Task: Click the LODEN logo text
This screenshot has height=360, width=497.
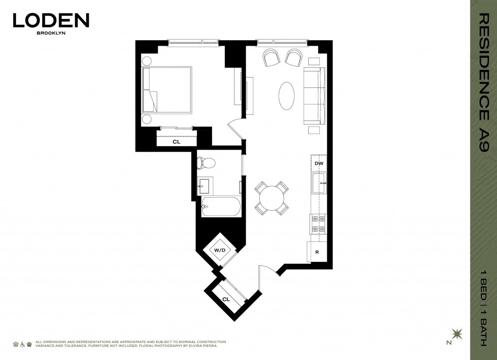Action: [x=51, y=20]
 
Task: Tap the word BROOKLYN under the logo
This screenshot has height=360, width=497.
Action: [x=51, y=33]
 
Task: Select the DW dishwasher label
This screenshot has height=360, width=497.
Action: [x=319, y=163]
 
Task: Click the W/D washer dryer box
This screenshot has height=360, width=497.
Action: [x=220, y=250]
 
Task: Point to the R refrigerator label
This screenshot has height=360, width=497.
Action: [x=317, y=252]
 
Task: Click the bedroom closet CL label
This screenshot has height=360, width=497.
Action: [x=177, y=142]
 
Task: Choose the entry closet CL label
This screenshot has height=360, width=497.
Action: [x=226, y=299]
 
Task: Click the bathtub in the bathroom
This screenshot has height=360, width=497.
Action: [x=221, y=207]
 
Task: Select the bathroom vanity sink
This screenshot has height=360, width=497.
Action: [x=204, y=186]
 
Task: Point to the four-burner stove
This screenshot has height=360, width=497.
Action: [x=318, y=224]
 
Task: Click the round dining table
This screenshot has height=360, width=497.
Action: [x=272, y=198]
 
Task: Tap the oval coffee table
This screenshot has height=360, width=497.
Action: [x=286, y=96]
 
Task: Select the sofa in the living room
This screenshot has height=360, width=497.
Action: [x=315, y=96]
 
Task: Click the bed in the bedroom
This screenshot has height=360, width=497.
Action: [x=167, y=90]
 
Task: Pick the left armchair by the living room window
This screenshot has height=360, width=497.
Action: [x=272, y=57]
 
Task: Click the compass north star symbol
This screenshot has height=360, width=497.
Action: [x=457, y=334]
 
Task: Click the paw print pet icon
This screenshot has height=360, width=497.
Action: [x=29, y=344]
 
